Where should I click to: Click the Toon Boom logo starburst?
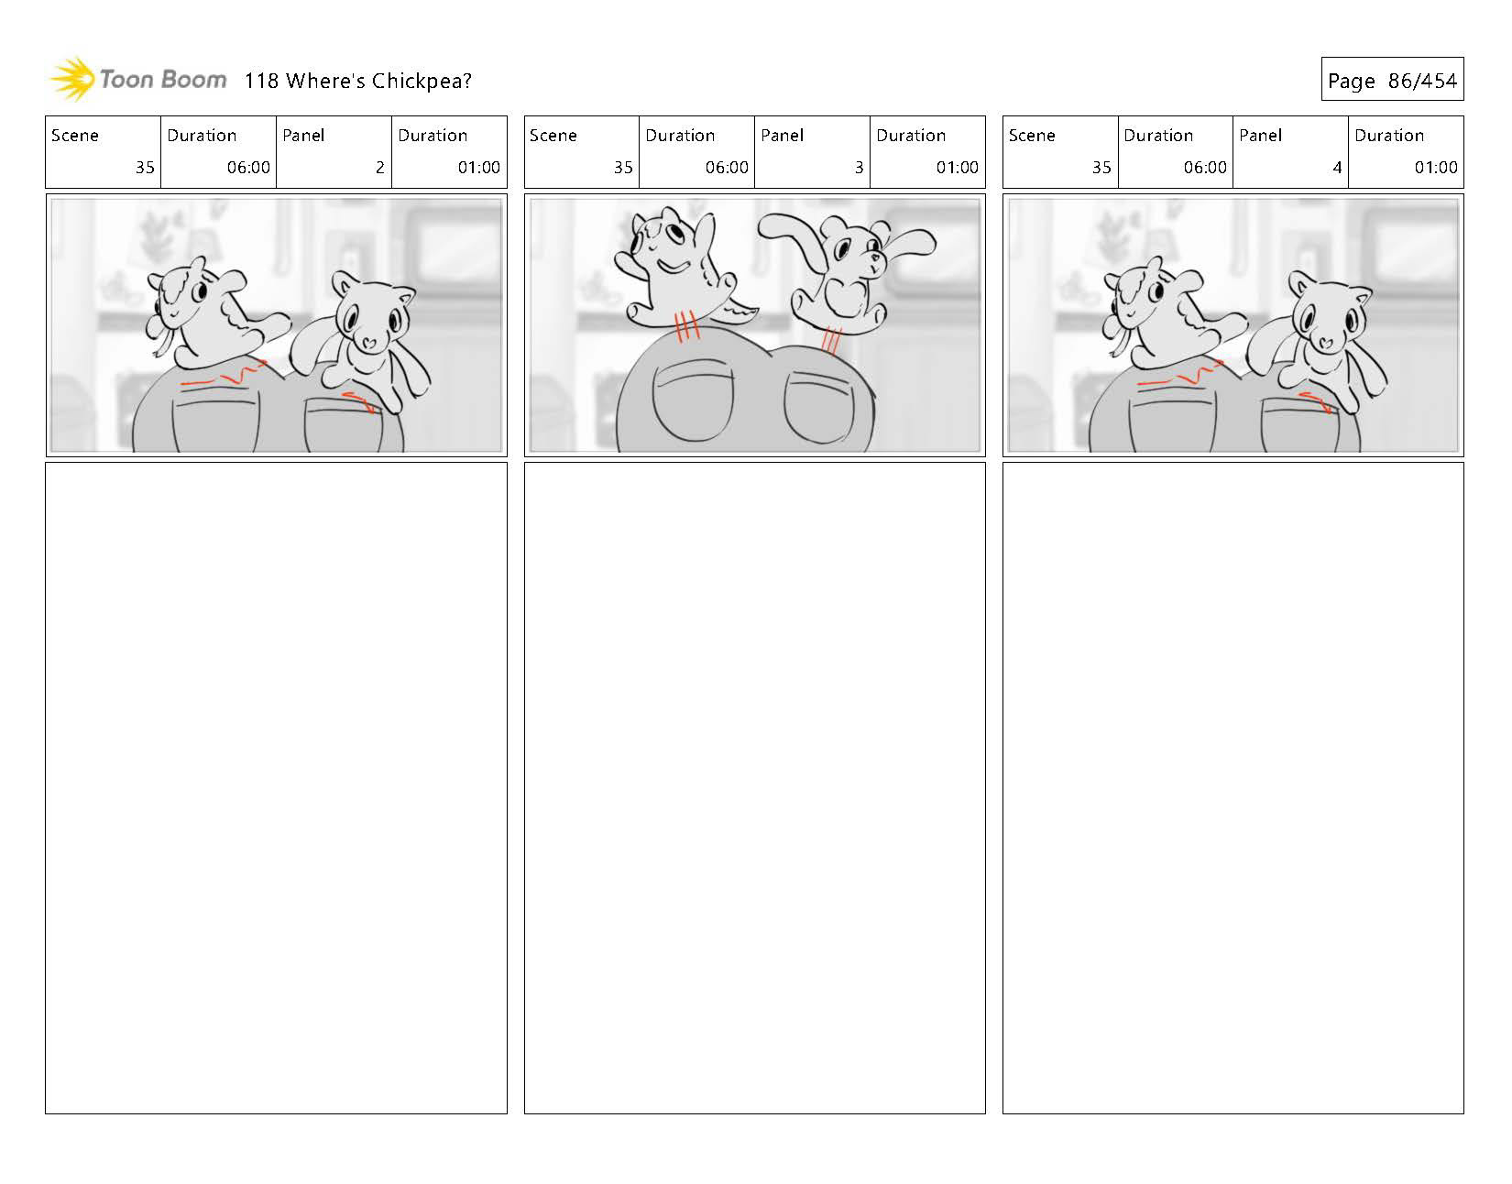click(x=72, y=79)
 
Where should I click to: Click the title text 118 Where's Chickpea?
click(x=357, y=81)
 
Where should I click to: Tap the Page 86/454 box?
click(x=1392, y=79)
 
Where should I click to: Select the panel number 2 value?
click(x=380, y=168)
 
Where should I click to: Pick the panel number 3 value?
click(x=859, y=168)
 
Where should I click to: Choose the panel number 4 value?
click(x=1337, y=168)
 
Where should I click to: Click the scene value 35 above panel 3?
click(x=623, y=168)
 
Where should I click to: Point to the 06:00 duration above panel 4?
click(x=1204, y=168)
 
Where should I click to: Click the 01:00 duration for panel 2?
click(x=478, y=168)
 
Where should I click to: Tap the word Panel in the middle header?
click(x=782, y=135)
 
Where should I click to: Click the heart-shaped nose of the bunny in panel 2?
click(x=368, y=343)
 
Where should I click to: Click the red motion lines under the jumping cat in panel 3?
click(x=686, y=325)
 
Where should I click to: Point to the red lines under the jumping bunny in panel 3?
click(x=831, y=340)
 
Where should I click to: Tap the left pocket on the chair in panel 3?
click(x=693, y=400)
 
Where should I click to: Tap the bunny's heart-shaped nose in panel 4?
click(x=1326, y=343)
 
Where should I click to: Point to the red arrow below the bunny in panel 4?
click(x=1314, y=401)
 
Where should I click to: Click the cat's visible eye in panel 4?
click(x=1156, y=291)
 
